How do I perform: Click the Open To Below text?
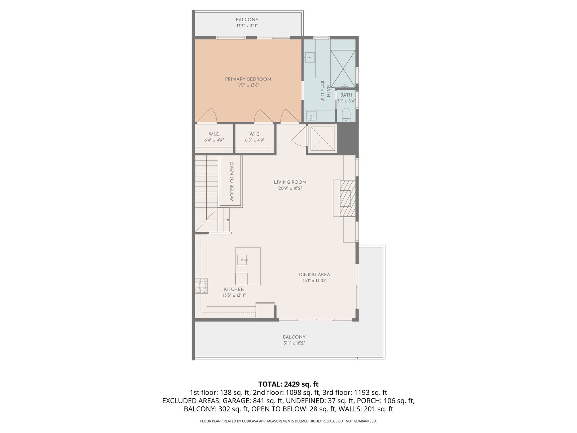(x=232, y=181)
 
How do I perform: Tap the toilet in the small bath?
(x=346, y=115)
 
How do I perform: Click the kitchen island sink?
(x=242, y=260)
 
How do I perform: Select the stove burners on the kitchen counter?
(x=201, y=285)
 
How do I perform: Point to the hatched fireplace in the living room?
(x=348, y=198)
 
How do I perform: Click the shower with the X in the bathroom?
(x=343, y=69)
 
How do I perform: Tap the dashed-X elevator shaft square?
(x=322, y=139)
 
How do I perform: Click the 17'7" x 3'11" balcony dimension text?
(x=247, y=26)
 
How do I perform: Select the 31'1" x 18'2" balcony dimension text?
(x=294, y=343)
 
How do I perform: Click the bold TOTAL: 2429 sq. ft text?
(x=288, y=384)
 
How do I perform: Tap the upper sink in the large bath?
(x=310, y=57)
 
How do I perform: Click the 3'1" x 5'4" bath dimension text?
(x=346, y=101)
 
